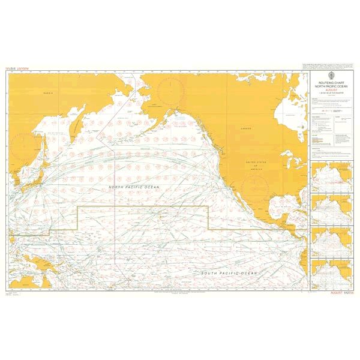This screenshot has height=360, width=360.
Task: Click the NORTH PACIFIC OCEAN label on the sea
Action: click(136, 188)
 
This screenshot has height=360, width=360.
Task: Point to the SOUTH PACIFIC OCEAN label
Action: click(229, 274)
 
